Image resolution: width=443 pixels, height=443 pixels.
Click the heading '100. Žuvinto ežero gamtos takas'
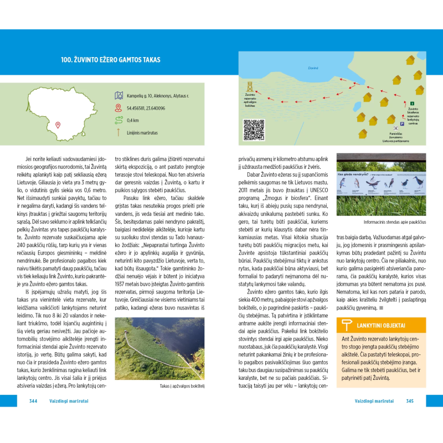pos(111,59)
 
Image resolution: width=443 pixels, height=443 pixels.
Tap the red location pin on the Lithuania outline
pos(58,125)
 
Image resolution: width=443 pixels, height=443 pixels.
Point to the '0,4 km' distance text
pos(133,120)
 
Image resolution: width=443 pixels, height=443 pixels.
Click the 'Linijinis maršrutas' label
pos(142,132)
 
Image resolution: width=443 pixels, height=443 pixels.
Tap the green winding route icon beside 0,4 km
pos(117,120)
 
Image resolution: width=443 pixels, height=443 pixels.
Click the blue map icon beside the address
pos(117,96)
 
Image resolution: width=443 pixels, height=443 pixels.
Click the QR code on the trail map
pos(254,130)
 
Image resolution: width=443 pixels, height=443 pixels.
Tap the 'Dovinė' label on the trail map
pos(313,68)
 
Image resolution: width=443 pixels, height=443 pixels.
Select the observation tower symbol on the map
pos(250,87)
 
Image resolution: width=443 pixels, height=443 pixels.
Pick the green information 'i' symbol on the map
pos(412,103)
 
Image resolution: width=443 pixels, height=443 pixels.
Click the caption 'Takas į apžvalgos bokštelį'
pos(182,385)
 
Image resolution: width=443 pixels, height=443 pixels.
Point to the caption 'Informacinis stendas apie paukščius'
pos(395,223)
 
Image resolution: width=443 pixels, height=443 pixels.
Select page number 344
pos(33,401)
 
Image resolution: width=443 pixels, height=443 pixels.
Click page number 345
pos(409,401)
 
